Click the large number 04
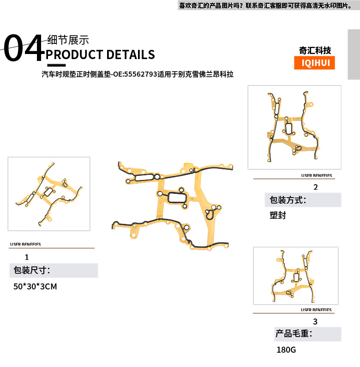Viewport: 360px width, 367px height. [x=24, y=48]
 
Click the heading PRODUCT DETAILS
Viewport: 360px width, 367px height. [x=101, y=55]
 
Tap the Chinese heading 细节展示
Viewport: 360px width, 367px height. [x=68, y=40]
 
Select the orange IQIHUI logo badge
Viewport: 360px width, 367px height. [x=314, y=63]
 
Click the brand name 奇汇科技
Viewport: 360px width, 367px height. [x=315, y=51]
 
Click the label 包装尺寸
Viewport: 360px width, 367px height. [x=32, y=271]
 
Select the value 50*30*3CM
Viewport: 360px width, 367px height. [x=35, y=287]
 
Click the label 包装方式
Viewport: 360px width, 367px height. [x=288, y=200]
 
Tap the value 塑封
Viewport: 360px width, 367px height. [x=278, y=215]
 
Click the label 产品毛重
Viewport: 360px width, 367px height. [x=294, y=334]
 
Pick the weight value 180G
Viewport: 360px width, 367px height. [x=286, y=349]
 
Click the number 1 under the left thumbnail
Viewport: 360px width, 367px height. [x=27, y=257]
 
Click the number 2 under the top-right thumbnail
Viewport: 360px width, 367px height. [x=316, y=187]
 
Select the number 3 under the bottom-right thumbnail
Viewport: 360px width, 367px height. [x=315, y=322]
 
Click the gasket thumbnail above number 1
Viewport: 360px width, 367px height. [x=49, y=194]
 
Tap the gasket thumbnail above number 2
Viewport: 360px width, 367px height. [x=294, y=127]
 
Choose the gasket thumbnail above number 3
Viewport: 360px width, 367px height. [x=296, y=276]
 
